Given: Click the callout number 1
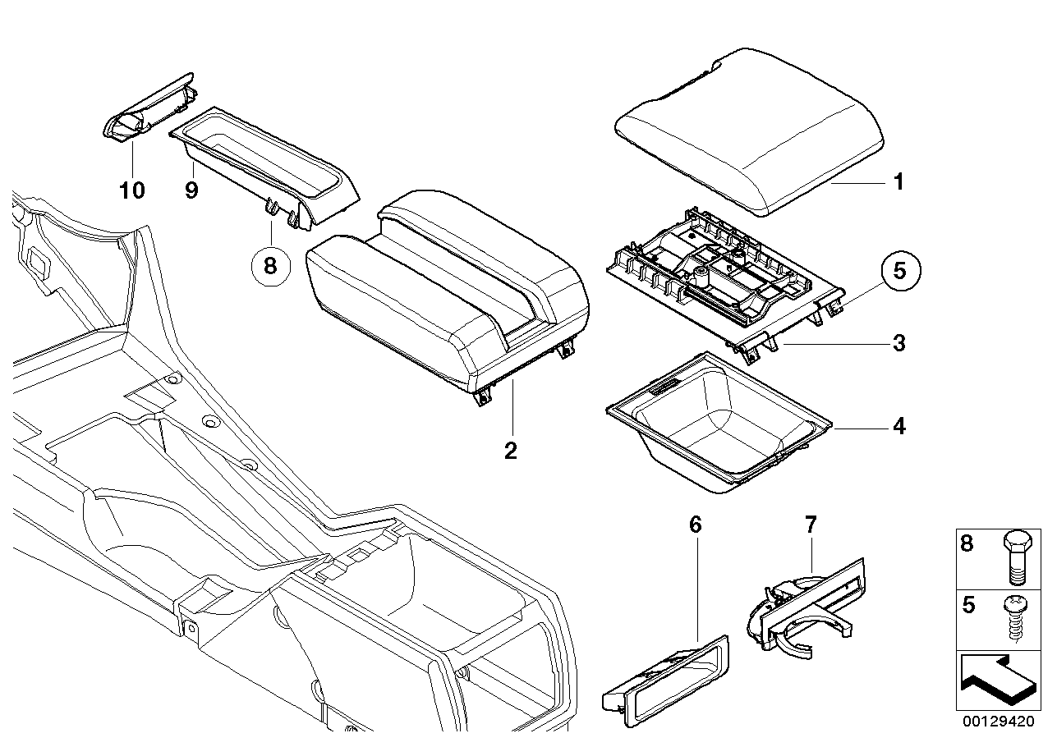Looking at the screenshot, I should pyautogui.click(x=898, y=181).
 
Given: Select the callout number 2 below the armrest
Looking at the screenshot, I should pyautogui.click(x=511, y=450).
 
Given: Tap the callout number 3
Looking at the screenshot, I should pyautogui.click(x=898, y=343).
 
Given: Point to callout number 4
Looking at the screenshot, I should pyautogui.click(x=898, y=427).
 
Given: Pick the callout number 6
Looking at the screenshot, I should pyautogui.click(x=696, y=525).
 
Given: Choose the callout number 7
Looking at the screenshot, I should pyautogui.click(x=811, y=524).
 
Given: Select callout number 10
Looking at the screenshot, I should pyautogui.click(x=131, y=190).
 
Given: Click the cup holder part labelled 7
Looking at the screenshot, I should pyautogui.click(x=801, y=612).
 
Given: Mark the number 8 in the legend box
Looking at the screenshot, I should pyautogui.click(x=967, y=543).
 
